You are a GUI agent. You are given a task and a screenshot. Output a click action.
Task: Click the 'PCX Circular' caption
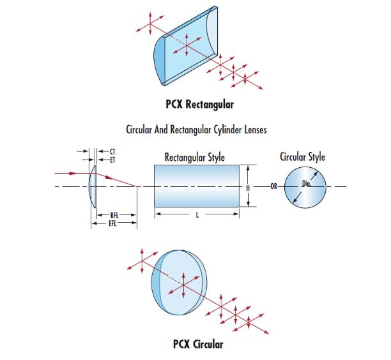tap(198, 345)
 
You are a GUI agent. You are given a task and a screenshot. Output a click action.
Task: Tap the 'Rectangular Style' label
tap(195, 156)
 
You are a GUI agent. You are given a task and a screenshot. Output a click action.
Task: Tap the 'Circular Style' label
tap(303, 156)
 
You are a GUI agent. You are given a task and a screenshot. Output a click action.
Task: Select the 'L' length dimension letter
tap(197, 216)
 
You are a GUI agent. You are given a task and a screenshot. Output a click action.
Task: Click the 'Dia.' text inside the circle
tap(306, 184)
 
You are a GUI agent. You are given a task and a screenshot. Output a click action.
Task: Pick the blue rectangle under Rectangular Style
tap(197, 186)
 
